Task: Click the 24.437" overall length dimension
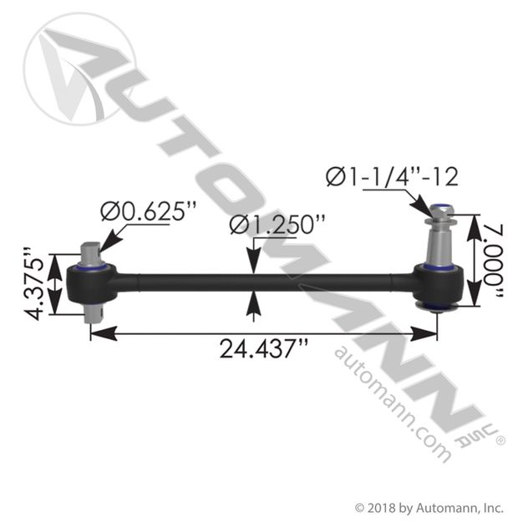(264, 348)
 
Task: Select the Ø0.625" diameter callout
(148, 211)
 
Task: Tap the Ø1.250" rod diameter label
(277, 225)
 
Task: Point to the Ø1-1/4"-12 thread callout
(392, 177)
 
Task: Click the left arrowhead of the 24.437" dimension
(104, 333)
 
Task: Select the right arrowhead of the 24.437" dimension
(424, 333)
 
